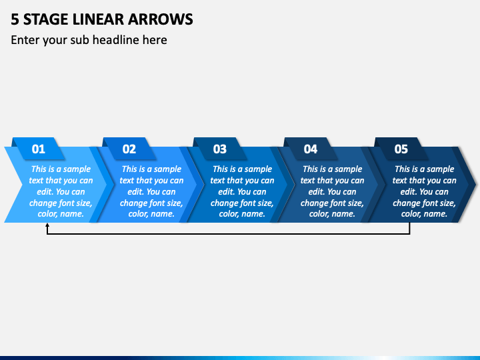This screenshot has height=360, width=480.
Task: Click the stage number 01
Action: (39, 149)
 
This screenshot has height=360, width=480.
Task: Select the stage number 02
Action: (129, 149)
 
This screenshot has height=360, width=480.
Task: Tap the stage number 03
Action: (219, 149)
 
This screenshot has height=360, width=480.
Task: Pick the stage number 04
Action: (311, 149)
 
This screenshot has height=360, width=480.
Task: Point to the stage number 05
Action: (401, 149)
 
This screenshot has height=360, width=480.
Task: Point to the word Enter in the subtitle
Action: (25, 40)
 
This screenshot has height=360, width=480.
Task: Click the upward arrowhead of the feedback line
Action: (47, 227)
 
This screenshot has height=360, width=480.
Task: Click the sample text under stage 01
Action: (61, 191)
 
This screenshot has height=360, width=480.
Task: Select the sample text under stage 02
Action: (151, 191)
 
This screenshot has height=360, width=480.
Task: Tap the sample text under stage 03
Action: (242, 191)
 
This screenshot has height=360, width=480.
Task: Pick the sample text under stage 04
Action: (332, 191)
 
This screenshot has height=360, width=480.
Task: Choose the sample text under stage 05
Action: (424, 191)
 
